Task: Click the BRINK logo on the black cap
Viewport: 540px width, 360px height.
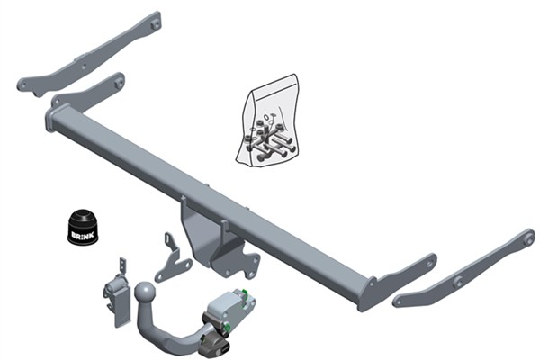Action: (82, 235)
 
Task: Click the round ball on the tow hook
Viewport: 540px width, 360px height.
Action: (145, 292)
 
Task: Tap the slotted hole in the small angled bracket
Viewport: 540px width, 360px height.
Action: (167, 240)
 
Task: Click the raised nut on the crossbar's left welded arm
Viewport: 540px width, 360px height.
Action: (119, 83)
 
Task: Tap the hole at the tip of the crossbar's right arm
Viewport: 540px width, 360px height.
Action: (429, 264)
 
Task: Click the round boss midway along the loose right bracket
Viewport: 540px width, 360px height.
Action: (458, 282)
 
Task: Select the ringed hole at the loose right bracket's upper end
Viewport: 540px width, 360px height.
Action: (527, 238)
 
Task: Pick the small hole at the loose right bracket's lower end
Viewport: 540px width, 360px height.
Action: (399, 301)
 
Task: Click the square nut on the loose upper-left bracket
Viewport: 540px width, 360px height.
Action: (156, 23)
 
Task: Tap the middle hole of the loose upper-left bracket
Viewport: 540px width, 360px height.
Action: (84, 67)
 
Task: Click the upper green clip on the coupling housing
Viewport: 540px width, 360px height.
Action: (245, 292)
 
